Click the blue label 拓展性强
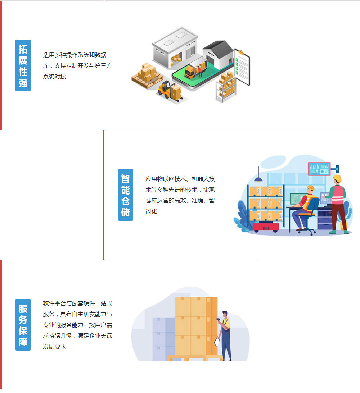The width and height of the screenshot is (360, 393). [23, 65]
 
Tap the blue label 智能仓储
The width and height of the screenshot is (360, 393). [125, 195]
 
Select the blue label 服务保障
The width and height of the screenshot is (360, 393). [23, 325]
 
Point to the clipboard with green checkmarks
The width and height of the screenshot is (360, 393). [242, 67]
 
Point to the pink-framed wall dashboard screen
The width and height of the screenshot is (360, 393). [319, 169]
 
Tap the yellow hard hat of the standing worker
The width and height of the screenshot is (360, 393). [337, 178]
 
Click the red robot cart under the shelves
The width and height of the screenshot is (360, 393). [266, 227]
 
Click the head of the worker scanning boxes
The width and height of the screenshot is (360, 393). [225, 314]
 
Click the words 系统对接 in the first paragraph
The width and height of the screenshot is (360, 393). [54, 77]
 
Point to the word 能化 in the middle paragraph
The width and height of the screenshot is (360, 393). [151, 211]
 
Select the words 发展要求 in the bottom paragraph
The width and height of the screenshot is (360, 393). [54, 347]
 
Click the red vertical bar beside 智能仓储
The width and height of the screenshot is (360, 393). [103, 195]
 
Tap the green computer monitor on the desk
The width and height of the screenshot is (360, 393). [296, 199]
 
